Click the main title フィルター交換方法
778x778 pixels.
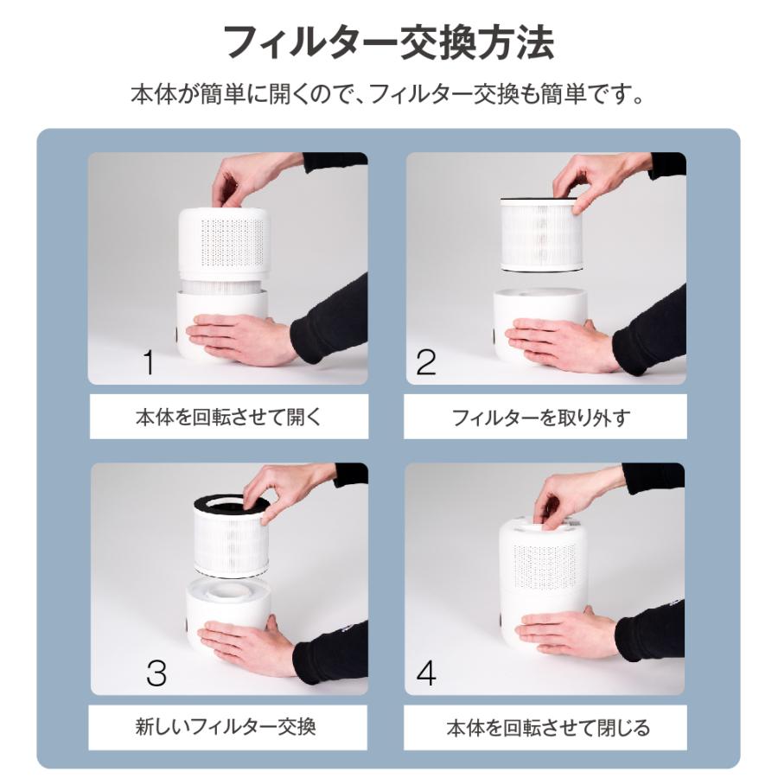388,43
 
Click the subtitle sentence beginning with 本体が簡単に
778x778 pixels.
388,93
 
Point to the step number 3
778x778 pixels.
156,673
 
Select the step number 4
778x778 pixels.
426,673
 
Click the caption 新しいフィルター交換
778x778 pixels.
226,725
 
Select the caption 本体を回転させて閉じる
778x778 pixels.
547,727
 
